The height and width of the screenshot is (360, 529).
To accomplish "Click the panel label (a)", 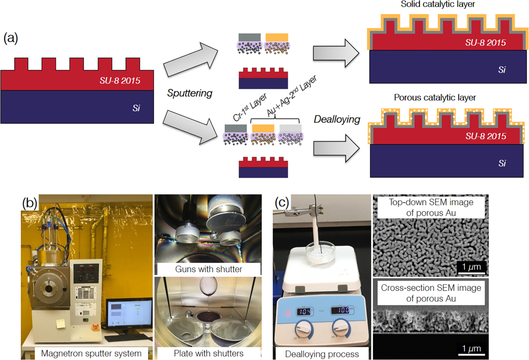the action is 11,38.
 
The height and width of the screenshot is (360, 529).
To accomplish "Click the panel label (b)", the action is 30,203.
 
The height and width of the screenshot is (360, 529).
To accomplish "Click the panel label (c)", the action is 282,202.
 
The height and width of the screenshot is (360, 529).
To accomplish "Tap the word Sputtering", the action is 190,93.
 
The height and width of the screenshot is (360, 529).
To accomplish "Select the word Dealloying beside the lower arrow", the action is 337,120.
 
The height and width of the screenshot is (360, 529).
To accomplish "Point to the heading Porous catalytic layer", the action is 435,98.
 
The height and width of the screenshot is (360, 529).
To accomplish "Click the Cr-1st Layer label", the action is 250,107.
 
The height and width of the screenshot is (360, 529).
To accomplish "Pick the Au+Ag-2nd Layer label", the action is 292,96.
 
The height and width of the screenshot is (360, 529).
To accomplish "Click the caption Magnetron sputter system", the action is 91,353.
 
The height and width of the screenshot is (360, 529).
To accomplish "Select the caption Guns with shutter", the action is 208,269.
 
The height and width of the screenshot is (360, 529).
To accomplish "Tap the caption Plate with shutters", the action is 208,353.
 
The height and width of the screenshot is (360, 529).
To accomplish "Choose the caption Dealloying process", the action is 322,354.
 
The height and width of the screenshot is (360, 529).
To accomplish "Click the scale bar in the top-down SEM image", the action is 471,273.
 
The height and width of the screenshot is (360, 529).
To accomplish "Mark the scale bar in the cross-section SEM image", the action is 471,354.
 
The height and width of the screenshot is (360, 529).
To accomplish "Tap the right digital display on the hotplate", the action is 341,310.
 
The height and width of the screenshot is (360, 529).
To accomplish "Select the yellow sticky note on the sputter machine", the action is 61,324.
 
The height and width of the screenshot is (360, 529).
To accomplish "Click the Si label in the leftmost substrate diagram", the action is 136,108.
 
